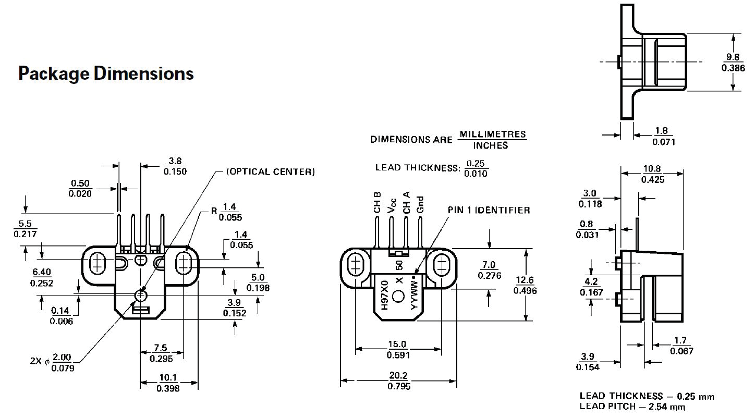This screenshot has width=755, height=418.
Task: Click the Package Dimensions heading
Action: pos(106,73)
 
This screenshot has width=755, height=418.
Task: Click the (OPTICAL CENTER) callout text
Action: pos(270,171)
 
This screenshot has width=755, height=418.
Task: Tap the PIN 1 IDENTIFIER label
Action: pos(489,210)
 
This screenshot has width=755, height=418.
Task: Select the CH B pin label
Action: pos(377,203)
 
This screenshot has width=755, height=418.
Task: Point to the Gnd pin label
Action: pos(420,203)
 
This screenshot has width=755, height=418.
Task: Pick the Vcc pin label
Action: pos(392,204)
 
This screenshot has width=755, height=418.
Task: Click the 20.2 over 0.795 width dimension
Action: pos(399,381)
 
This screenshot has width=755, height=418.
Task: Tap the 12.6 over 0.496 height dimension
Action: pos(525,286)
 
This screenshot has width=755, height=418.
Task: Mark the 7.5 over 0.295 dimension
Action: pos(161,353)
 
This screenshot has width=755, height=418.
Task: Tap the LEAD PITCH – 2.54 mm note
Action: pos(632,407)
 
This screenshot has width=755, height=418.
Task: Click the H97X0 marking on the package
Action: pos(384,296)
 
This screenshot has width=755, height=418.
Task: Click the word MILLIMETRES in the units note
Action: pos(492,134)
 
